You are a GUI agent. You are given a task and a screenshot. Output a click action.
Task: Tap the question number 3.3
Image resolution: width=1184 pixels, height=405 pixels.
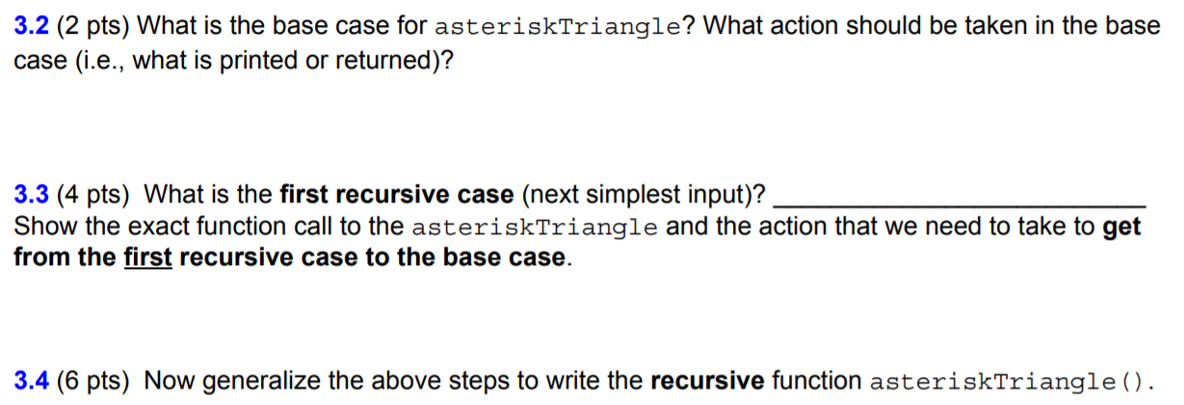(x=32, y=196)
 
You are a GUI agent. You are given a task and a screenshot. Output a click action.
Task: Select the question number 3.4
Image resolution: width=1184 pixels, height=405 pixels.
(x=32, y=381)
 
